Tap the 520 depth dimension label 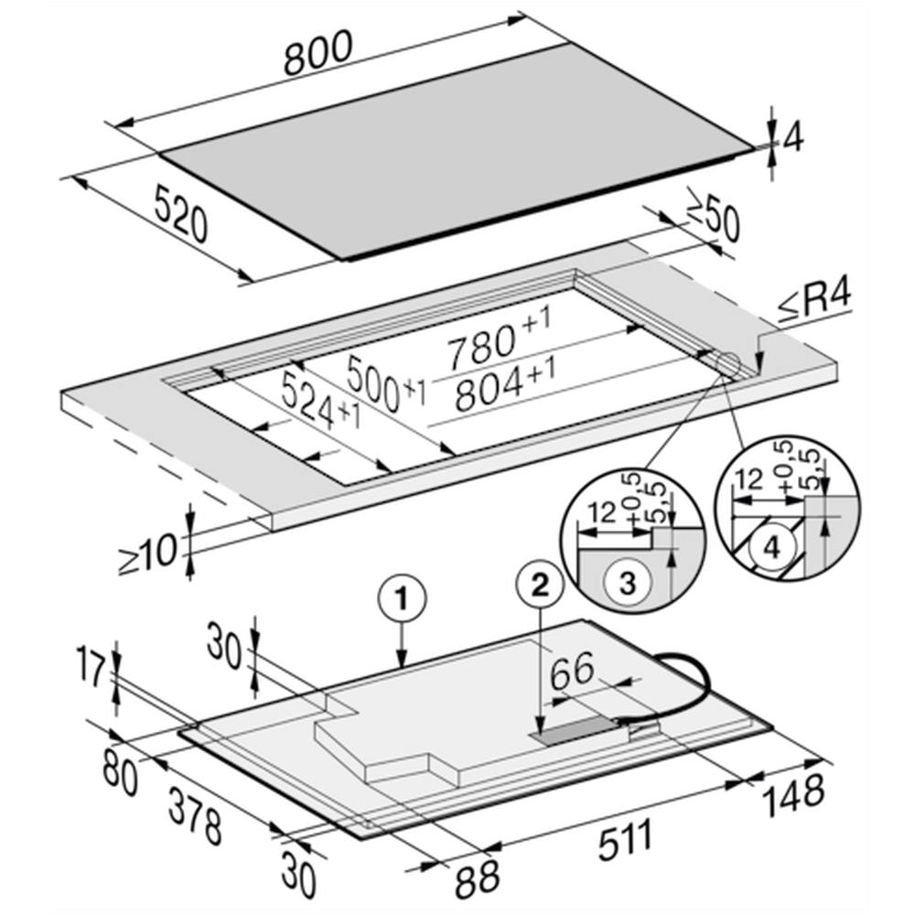(181, 212)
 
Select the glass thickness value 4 (792, 138)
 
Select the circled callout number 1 (402, 598)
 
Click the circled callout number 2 (541, 584)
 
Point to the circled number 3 (627, 583)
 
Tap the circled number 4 (771, 548)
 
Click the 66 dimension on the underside (573, 671)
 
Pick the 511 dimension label (625, 840)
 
